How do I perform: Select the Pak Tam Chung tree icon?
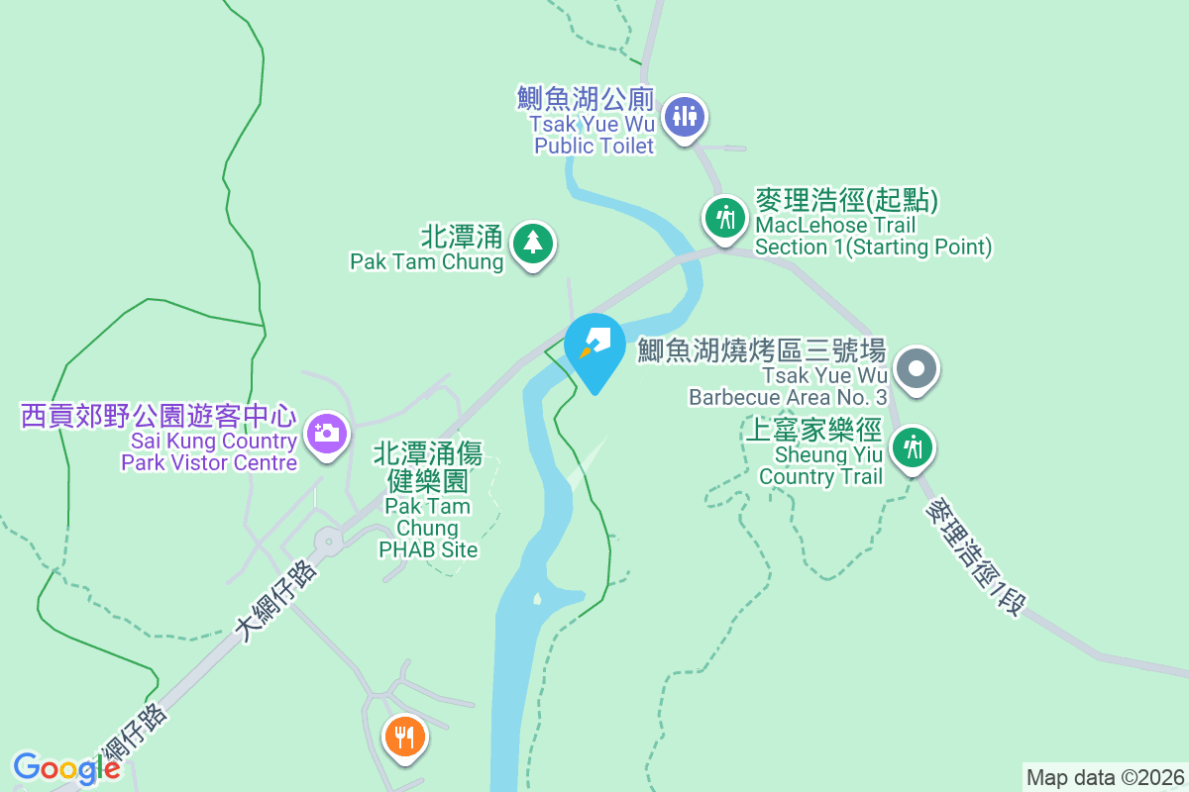(x=533, y=242)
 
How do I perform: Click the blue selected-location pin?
(x=594, y=346)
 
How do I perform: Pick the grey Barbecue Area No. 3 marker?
(x=916, y=370)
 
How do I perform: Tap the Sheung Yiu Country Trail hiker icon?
(x=912, y=448)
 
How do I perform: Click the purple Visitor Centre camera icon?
(x=325, y=433)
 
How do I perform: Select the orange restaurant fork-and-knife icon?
(x=404, y=737)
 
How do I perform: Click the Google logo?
(x=66, y=768)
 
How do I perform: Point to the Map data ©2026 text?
(x=1105, y=777)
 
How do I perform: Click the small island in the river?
(x=537, y=598)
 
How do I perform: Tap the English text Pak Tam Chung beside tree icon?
(x=426, y=262)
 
